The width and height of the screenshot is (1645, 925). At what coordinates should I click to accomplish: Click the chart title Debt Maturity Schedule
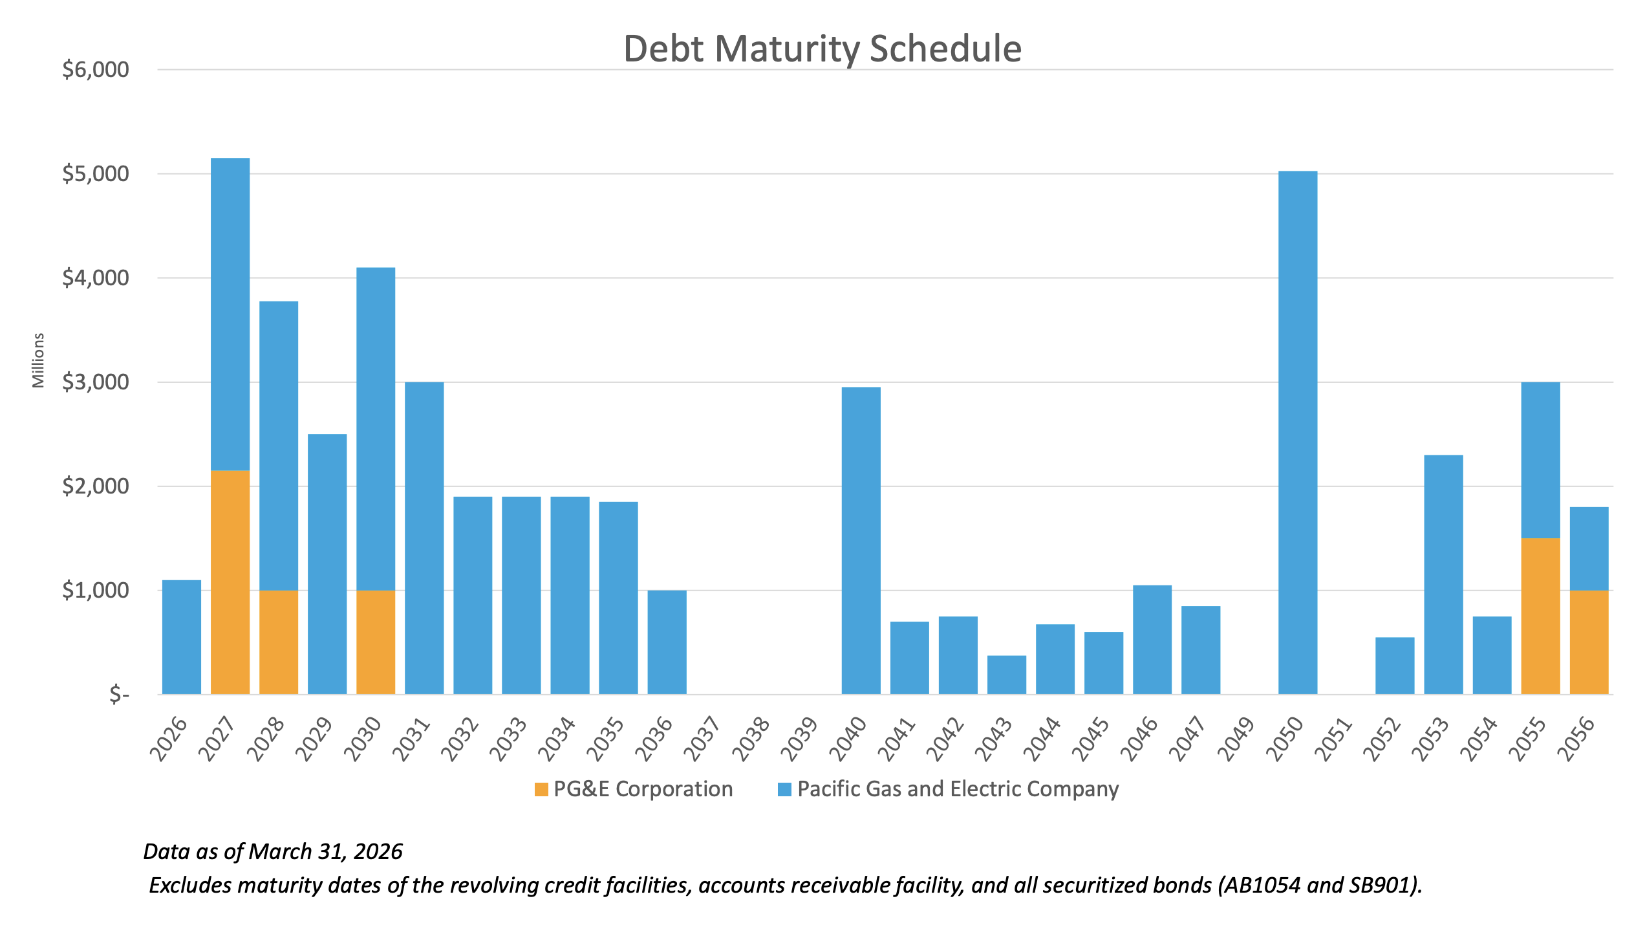[822, 49]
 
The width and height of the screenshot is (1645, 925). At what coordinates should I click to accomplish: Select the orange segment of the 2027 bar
[230, 582]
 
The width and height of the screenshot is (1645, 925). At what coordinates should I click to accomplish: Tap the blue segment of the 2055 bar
[1540, 460]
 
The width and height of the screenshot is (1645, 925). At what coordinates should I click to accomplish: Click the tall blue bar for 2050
[1298, 432]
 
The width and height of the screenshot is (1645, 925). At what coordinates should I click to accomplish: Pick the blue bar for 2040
[861, 540]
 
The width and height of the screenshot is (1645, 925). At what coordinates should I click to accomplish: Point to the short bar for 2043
[1006, 675]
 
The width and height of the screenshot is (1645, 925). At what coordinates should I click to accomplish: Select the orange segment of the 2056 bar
[1589, 642]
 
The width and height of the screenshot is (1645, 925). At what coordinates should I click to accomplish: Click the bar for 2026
[182, 637]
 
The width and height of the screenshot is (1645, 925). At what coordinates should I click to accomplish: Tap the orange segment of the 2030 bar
[376, 642]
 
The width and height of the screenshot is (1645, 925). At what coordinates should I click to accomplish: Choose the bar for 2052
[1395, 666]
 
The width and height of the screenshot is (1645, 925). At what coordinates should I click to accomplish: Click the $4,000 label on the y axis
[96, 278]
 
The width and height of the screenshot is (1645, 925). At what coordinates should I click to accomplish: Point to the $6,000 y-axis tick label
[96, 70]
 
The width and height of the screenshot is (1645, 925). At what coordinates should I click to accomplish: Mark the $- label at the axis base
[119, 694]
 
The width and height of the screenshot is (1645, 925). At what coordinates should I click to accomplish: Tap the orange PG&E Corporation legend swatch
[541, 789]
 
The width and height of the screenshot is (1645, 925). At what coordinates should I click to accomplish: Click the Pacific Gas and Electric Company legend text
[958, 789]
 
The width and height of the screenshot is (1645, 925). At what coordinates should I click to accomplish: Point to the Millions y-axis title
[39, 360]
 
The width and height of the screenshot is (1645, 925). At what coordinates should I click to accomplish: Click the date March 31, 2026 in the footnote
[326, 851]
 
